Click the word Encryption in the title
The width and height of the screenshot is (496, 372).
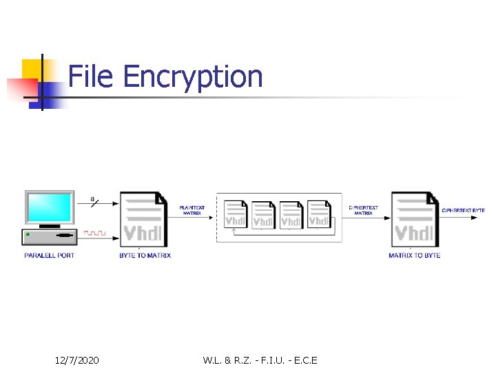(193, 77)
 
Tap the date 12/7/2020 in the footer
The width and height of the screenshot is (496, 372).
(77, 360)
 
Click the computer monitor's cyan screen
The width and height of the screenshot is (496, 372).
(49, 207)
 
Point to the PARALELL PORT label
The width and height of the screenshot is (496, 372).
(50, 256)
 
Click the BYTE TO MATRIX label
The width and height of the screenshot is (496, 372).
(145, 256)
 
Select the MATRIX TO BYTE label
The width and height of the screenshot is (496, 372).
(415, 256)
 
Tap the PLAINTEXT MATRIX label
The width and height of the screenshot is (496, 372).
(192, 210)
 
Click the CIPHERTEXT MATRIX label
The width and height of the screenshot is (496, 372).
(364, 210)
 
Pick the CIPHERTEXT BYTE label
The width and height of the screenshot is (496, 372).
(463, 210)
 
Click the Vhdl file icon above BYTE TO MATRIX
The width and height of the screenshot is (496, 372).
(143, 218)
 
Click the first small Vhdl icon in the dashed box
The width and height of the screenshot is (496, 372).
(236, 214)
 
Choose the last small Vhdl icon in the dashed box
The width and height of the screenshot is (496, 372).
(318, 214)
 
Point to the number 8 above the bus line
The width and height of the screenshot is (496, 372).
(93, 199)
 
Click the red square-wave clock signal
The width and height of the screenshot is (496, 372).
(95, 233)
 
